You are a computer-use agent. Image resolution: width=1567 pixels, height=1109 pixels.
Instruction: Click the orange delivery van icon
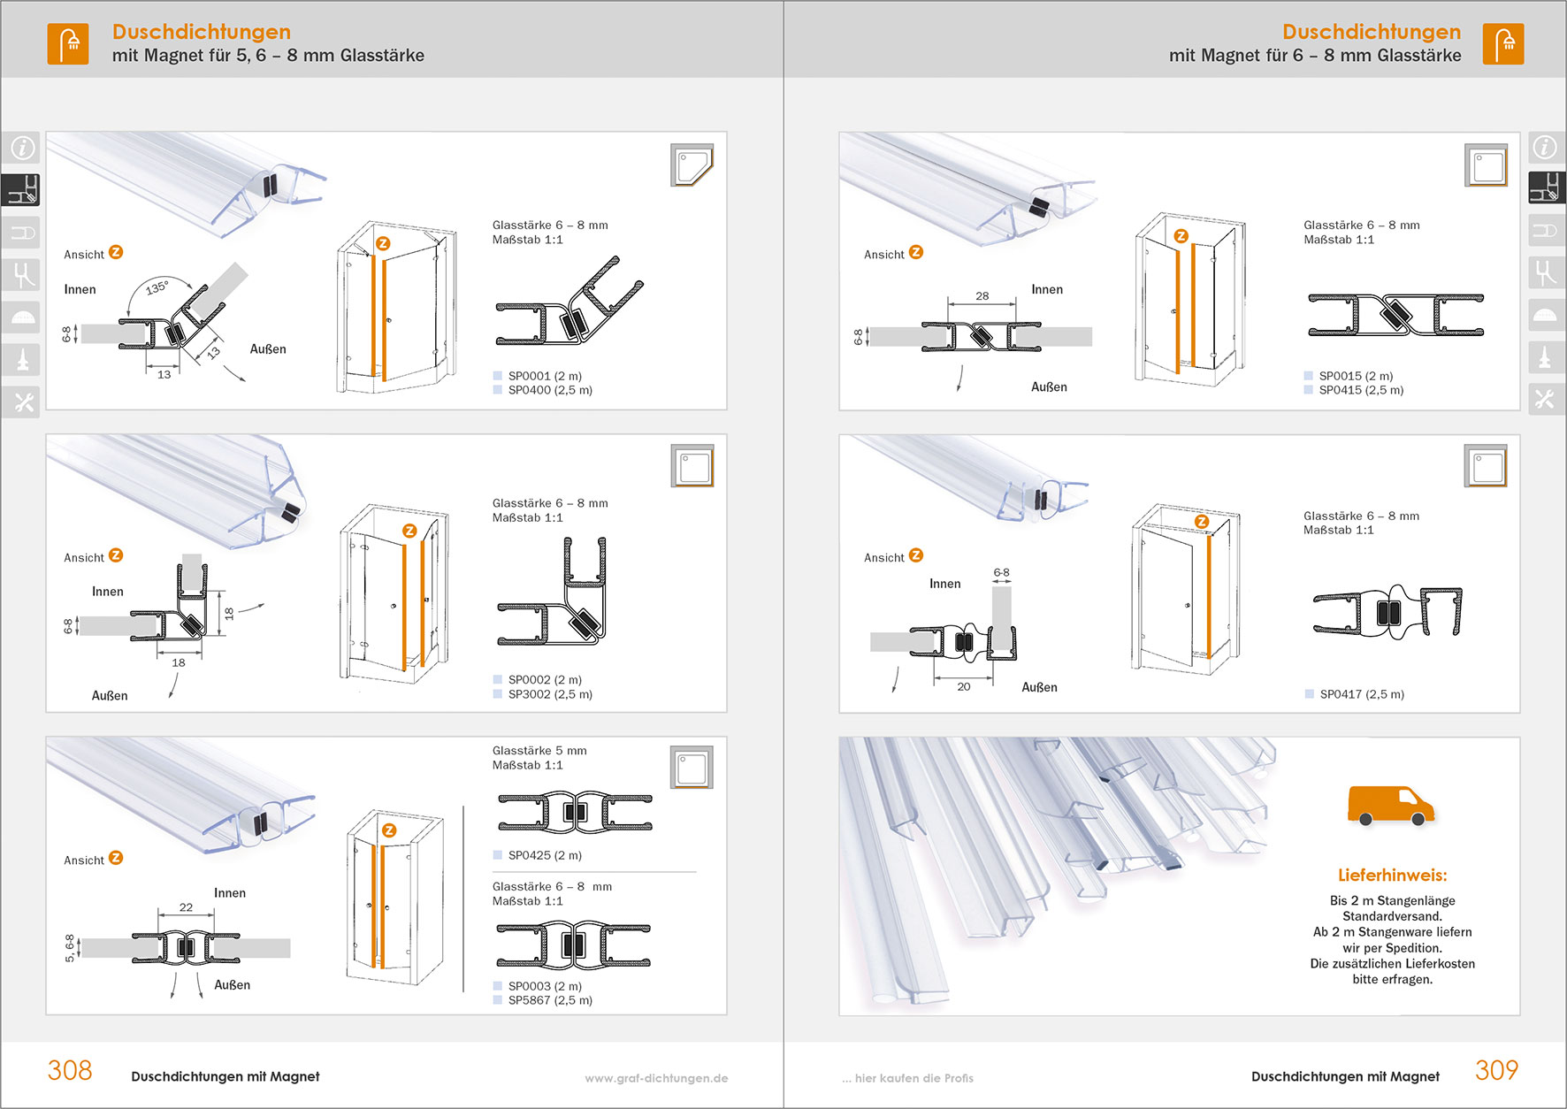pos(1390,805)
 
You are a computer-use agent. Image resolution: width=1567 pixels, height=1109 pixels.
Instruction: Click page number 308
pos(70,1070)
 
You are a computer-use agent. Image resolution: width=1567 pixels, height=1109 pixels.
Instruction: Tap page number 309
pos(1496,1070)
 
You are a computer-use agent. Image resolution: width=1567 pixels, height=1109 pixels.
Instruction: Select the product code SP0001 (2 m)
pos(544,376)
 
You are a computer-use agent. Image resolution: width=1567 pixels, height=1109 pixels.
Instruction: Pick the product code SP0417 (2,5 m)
pos(1361,694)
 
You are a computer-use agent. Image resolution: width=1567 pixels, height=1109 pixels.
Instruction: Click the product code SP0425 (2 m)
pos(544,855)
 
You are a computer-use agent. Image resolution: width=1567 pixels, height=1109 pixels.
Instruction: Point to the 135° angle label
pos(157,287)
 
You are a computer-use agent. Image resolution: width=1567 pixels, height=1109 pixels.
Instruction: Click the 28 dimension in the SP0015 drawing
pos(982,296)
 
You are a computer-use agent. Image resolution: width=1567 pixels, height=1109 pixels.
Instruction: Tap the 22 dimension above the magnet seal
pos(186,907)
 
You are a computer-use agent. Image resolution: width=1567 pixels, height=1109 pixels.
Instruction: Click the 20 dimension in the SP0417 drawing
pos(963,686)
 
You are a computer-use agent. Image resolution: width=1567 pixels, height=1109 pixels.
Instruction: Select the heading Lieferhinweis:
pos(1392,876)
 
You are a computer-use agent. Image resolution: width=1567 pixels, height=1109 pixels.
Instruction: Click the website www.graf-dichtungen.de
pos(656,1078)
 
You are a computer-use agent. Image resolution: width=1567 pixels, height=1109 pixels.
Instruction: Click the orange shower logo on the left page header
pos(68,43)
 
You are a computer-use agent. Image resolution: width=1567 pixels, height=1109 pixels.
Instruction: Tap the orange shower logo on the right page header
pos(1503,43)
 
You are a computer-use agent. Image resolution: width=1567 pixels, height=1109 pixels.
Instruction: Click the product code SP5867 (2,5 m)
pos(549,1000)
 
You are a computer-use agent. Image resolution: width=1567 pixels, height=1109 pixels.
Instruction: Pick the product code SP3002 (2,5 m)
pos(549,694)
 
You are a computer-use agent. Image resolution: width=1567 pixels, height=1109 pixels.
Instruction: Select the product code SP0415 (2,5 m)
pos(1360,390)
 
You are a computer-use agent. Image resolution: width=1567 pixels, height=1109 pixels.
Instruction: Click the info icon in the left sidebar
pos(22,148)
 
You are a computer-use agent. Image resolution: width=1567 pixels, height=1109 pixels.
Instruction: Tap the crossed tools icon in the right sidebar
pos(1545,400)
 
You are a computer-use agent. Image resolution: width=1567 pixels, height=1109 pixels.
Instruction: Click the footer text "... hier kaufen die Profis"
pos(907,1078)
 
